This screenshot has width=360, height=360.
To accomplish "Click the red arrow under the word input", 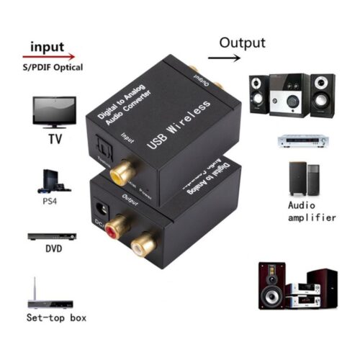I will (x=49, y=55).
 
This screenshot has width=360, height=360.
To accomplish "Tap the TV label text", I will (x=53, y=139).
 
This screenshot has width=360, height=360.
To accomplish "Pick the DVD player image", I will (x=53, y=237).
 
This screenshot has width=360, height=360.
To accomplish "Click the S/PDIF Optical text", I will (x=52, y=68).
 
